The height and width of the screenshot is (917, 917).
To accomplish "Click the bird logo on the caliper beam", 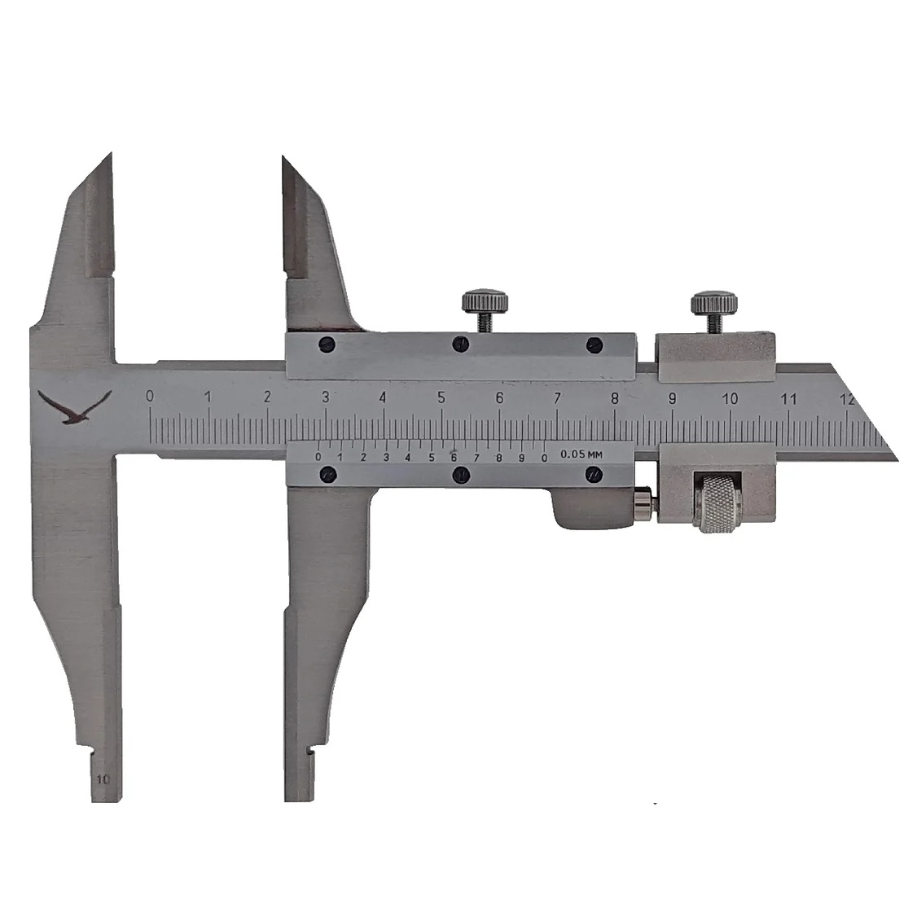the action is coord(74,407).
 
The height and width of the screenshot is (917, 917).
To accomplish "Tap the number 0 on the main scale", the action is coord(150,396).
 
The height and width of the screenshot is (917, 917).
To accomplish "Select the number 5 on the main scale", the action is coord(441,397).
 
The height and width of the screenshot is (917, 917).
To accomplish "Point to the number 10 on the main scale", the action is coord(729,399).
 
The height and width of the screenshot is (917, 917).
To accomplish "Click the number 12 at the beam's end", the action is coord(847,399).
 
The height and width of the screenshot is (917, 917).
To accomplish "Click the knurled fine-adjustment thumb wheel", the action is coord(719,503).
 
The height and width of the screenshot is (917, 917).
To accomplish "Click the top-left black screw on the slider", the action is coord(327,344).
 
